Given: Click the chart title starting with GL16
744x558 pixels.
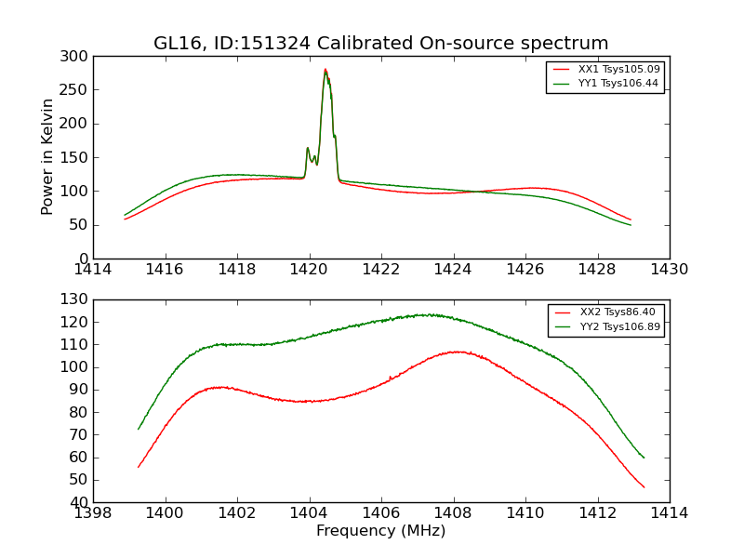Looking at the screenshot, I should (x=381, y=44).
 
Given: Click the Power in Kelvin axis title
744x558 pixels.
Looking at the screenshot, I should (x=48, y=157).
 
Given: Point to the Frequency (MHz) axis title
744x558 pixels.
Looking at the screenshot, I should (x=381, y=531).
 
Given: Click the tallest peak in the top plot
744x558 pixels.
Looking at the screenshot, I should (x=325, y=69).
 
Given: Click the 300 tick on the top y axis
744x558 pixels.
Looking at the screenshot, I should (x=78, y=57).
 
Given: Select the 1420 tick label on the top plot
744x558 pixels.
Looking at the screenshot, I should (x=310, y=269).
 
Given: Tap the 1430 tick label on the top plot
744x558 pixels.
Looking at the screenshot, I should (x=670, y=269).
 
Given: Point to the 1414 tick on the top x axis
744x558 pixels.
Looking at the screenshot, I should (x=93, y=269).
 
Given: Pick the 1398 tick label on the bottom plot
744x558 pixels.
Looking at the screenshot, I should (x=93, y=512).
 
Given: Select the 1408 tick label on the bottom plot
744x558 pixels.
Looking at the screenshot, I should (x=454, y=512).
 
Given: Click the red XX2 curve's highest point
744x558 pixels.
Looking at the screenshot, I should (x=457, y=352).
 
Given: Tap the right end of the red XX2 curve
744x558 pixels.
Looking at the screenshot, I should (x=644, y=487).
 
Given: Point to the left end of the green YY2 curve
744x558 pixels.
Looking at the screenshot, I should (x=139, y=430).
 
